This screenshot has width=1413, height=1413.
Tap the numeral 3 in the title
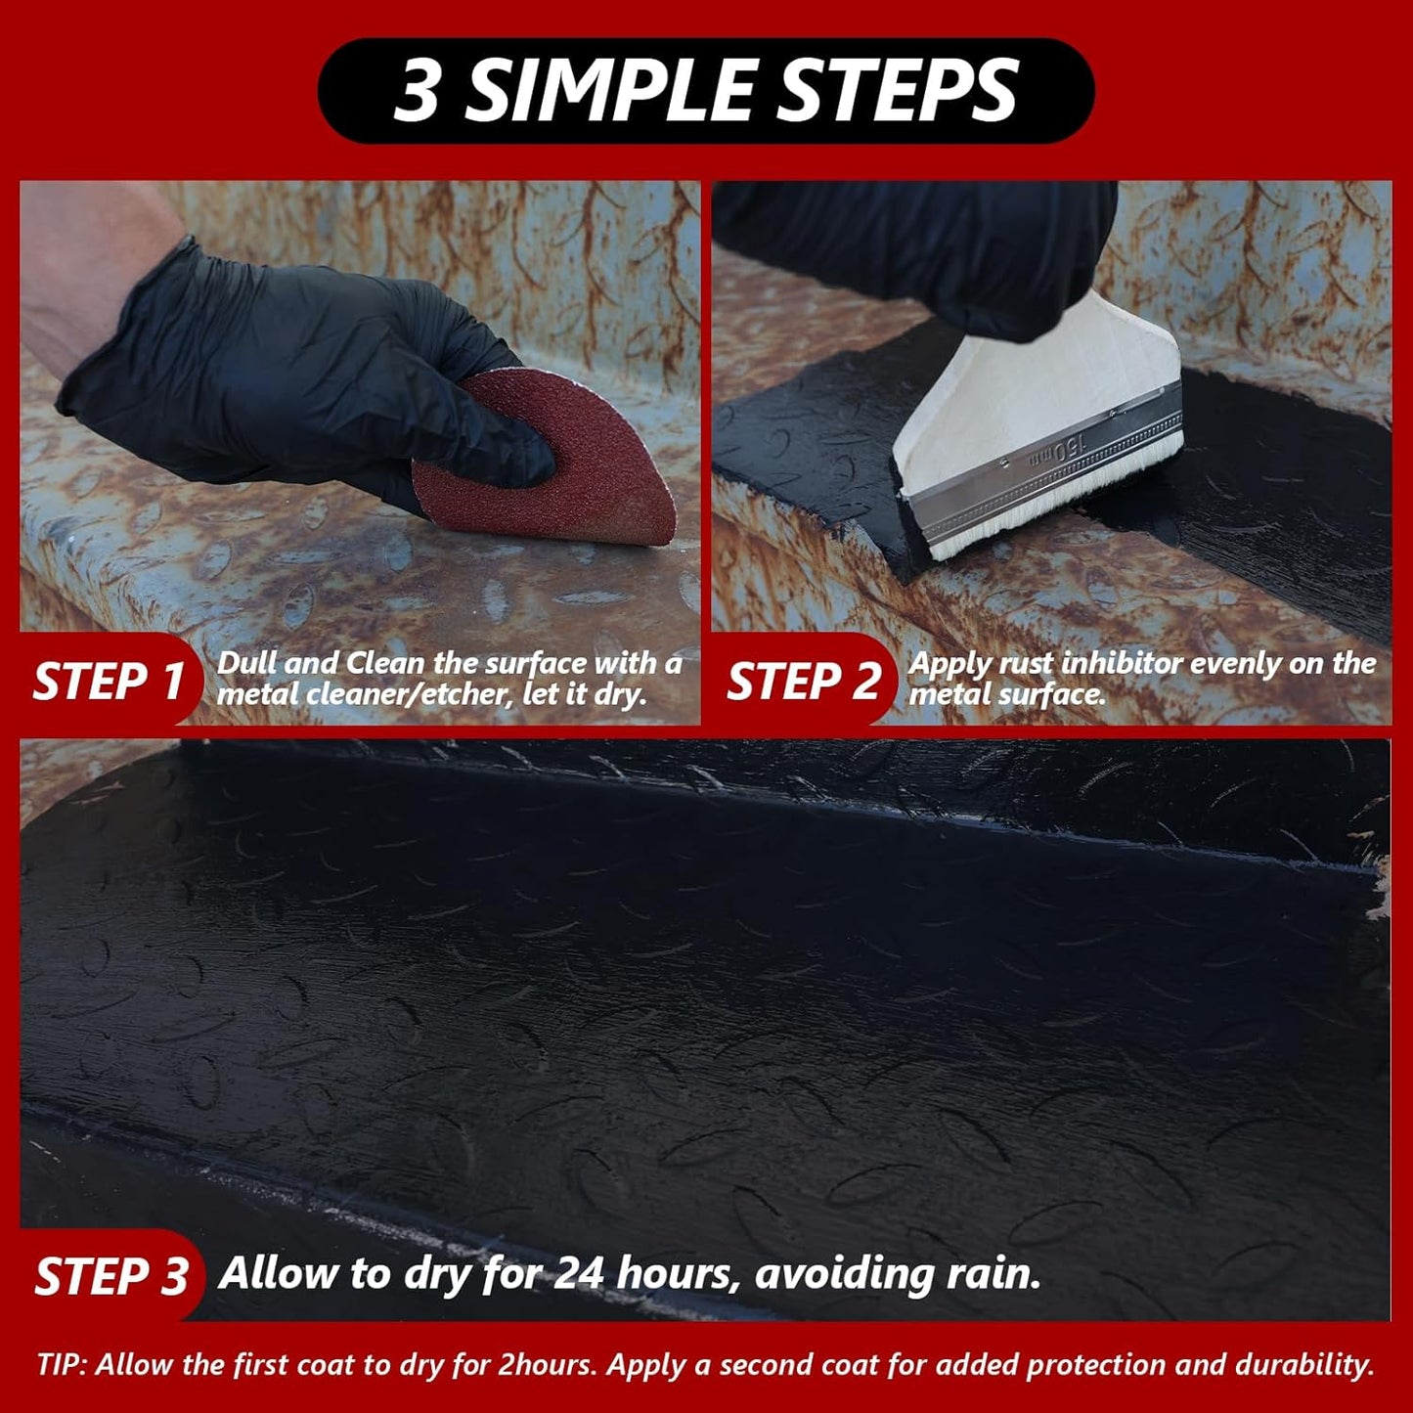(418, 91)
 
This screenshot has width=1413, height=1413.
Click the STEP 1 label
(108, 681)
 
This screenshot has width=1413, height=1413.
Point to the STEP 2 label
(803, 681)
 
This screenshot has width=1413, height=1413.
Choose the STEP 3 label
(111, 1276)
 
